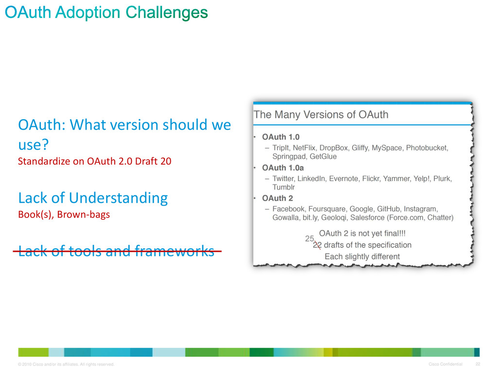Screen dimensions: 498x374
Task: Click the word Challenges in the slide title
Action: tap(166, 13)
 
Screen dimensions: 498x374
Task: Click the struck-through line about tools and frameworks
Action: tap(117, 251)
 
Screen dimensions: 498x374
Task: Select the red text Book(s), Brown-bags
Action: tap(64, 215)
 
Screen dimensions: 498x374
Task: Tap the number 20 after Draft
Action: tap(166, 161)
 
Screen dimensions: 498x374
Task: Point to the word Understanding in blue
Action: tap(118, 199)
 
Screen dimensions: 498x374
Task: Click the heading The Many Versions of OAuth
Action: tap(321, 114)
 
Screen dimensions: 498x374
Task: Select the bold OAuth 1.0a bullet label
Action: tap(283, 168)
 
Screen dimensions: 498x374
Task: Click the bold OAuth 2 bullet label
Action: tap(277, 198)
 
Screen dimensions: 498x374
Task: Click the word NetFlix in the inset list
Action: tap(304, 148)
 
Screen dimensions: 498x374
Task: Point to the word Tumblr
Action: tap(284, 187)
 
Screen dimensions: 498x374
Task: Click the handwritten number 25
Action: tap(309, 239)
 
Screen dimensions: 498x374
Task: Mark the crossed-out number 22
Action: tap(317, 245)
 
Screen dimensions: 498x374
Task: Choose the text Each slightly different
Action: tap(362, 257)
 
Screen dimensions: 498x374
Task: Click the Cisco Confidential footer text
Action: tap(445, 364)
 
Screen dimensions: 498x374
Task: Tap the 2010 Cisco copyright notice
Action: tap(66, 364)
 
